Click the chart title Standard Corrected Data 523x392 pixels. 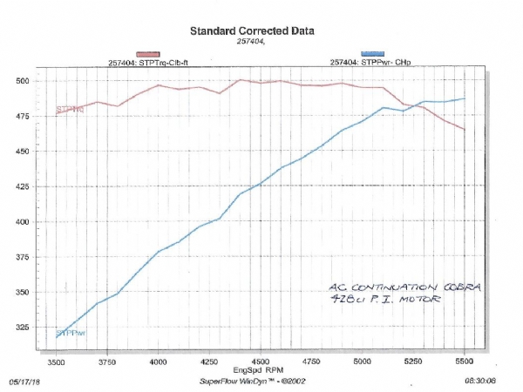click(252, 31)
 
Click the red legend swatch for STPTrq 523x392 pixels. click(153, 54)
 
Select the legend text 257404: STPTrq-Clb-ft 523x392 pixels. click(155, 63)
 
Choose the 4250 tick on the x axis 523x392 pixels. click(208, 361)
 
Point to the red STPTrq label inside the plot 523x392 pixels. click(71, 110)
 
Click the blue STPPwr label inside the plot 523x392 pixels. click(71, 334)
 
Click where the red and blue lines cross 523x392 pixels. click(418, 105)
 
